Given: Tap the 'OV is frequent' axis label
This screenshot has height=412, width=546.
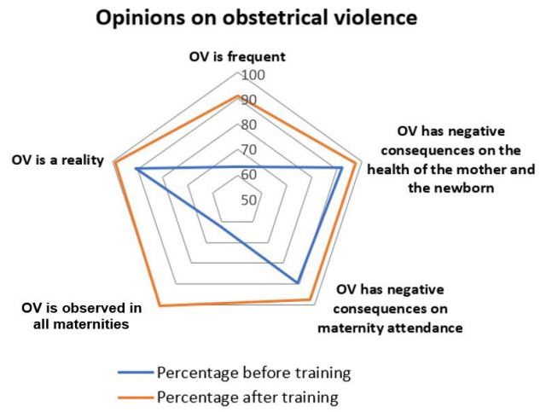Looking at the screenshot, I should pos(236,57).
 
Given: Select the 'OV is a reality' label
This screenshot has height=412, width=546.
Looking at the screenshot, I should pos(56,160).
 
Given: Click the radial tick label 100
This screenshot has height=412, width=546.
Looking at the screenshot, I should pos(254,75).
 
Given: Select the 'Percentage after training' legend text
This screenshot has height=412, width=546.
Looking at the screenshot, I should pos(247,397).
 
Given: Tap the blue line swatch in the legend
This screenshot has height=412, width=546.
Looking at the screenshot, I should pos(135,373).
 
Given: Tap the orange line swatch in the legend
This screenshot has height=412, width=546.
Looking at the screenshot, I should pos(135,397).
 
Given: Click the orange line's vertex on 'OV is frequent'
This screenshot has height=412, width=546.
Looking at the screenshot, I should pos(237,96).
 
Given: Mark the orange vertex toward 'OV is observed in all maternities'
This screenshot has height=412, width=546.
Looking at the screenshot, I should pos(160,305).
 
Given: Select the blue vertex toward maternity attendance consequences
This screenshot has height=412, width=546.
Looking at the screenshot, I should pos(297,281).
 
